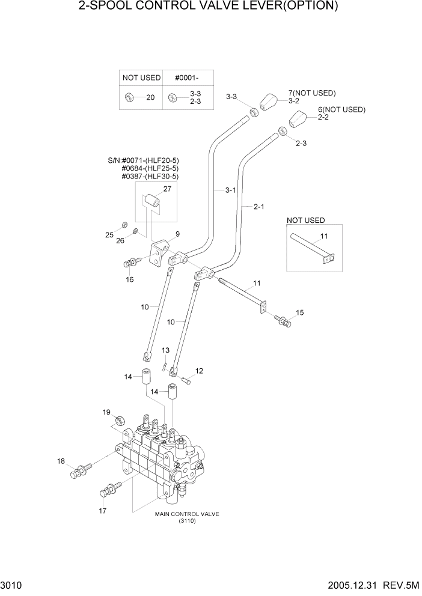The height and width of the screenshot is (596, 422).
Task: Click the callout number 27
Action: tap(167, 189)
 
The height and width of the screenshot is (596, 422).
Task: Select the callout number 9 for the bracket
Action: tap(177, 234)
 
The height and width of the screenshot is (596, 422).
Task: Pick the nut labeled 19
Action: tap(119, 419)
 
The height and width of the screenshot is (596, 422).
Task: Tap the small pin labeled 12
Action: tap(185, 380)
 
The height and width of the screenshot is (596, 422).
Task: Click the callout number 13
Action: tap(165, 350)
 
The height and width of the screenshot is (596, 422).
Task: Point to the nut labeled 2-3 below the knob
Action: tap(281, 130)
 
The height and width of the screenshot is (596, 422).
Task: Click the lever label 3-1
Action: tap(230, 190)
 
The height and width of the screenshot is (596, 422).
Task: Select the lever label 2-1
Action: tap(259, 207)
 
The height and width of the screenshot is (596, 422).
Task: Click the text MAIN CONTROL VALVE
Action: tap(187, 514)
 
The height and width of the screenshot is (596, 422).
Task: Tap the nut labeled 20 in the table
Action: tap(129, 97)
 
